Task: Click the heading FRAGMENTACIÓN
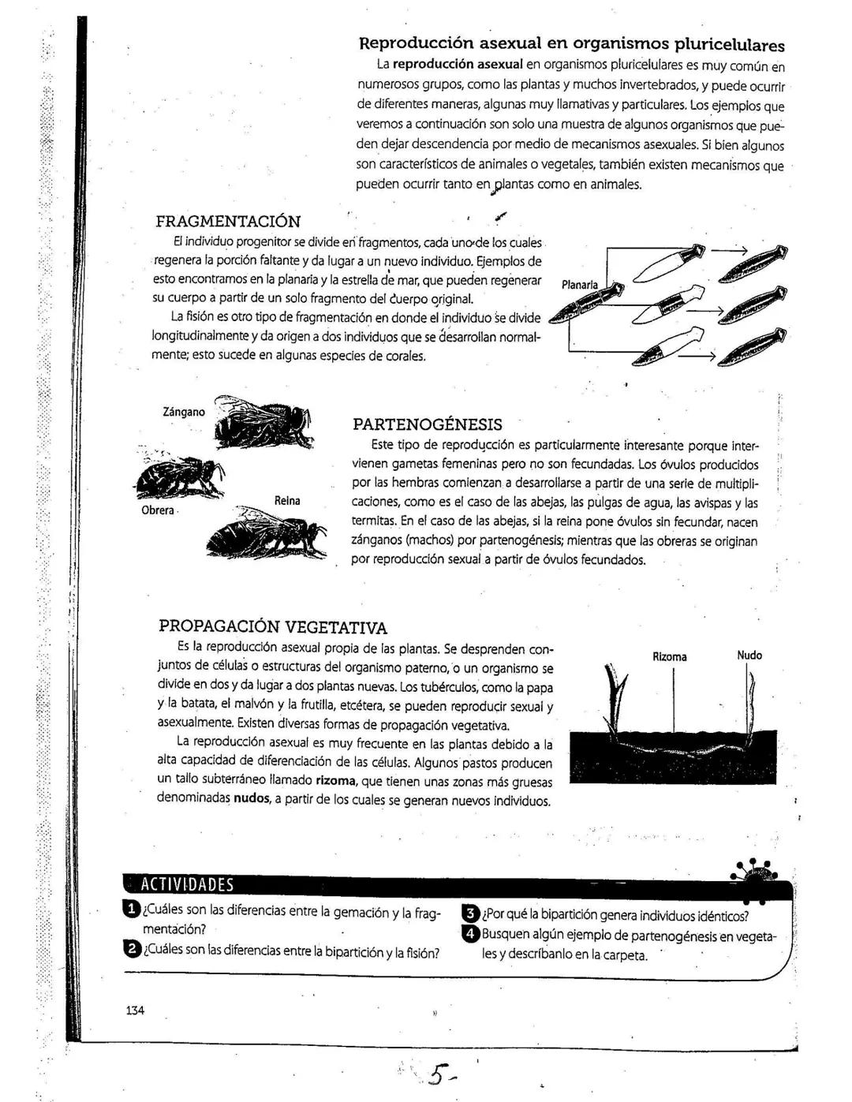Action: (x=228, y=222)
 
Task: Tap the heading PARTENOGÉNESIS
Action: (x=427, y=424)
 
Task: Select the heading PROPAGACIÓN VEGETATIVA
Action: (x=273, y=627)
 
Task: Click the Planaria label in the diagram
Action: (x=579, y=285)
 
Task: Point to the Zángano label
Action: (x=183, y=412)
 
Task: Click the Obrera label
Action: (x=157, y=510)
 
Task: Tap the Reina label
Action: (x=287, y=501)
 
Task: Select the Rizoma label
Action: (x=670, y=656)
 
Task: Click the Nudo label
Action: (x=749, y=655)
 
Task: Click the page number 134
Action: (x=135, y=1010)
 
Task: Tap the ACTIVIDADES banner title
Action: (x=187, y=884)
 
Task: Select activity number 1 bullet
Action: (x=131, y=911)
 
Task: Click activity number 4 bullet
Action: (x=470, y=934)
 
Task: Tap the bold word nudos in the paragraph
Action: (x=252, y=801)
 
